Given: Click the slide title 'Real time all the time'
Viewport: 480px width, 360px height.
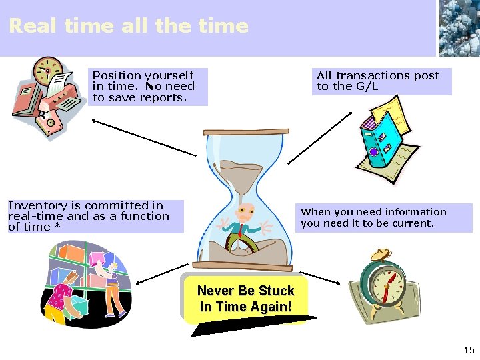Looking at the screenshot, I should pos(128,26).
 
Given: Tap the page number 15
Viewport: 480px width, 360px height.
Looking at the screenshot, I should pos(469,350).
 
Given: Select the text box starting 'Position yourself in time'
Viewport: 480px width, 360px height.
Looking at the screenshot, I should pos(147,87).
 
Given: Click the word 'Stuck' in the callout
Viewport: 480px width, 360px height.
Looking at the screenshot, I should pos(276,291).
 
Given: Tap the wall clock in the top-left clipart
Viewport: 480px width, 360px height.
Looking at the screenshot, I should pos(47,69).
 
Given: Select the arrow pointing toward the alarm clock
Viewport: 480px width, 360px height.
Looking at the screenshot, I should pos(321,277).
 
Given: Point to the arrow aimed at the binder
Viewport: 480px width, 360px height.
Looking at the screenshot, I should pos(321,137).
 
